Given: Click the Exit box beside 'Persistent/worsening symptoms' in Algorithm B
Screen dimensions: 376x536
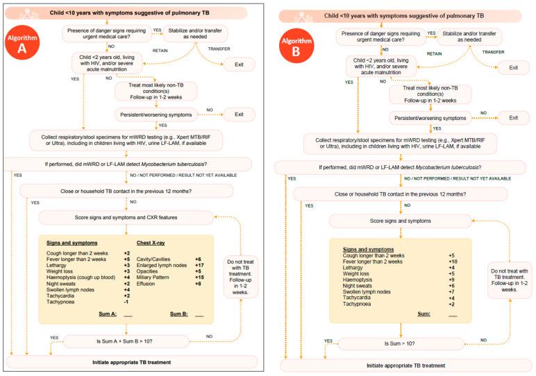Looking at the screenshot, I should coord(513,117).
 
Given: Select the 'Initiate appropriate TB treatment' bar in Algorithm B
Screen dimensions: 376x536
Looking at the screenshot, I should coord(404,365).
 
